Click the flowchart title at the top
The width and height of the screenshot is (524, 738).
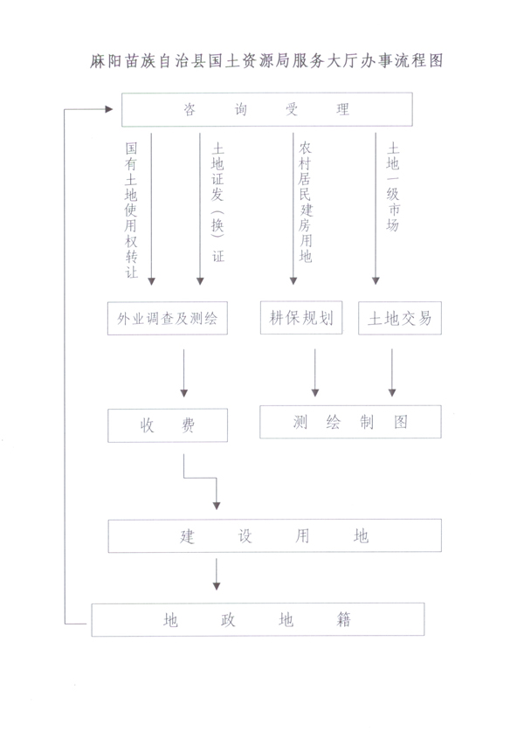tap(266, 61)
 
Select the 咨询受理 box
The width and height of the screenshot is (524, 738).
tap(267, 110)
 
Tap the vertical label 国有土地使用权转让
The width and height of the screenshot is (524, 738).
tap(131, 210)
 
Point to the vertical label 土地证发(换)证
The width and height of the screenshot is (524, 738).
tap(217, 203)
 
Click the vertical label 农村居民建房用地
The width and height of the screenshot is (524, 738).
tap(305, 202)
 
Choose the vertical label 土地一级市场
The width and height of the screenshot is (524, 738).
tap(393, 187)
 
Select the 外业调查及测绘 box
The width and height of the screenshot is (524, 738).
tap(168, 319)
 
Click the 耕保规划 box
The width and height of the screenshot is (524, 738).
tap(301, 318)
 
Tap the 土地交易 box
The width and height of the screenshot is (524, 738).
tap(400, 318)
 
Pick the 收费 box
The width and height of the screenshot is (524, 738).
tap(168, 425)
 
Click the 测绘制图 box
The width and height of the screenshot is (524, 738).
tap(350, 422)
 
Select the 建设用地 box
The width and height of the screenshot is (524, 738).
tap(275, 535)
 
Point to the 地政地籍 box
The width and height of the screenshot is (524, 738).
tap(258, 620)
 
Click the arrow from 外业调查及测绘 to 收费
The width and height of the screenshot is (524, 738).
tap(184, 373)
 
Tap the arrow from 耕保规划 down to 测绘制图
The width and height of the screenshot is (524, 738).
tap(315, 373)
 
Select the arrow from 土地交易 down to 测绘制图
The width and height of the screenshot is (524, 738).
tap(392, 373)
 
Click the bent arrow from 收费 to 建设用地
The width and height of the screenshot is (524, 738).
tap(200, 479)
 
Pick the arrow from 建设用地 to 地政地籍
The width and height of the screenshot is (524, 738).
tap(217, 574)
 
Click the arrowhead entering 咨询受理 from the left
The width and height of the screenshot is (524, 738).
tap(109, 109)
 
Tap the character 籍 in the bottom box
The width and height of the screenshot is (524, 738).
tap(344, 619)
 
